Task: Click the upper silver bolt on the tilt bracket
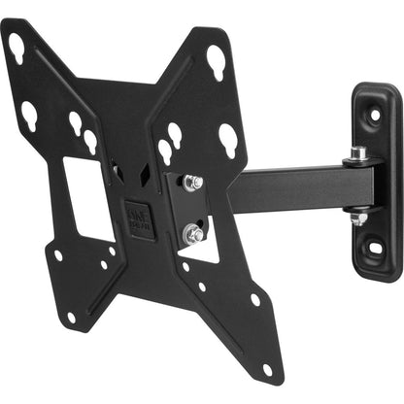(192, 182)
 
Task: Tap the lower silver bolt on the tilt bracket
(194, 233)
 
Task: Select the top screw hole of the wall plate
(375, 114)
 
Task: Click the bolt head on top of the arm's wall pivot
(358, 152)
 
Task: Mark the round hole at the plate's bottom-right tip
(266, 367)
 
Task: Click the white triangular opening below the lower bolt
(204, 249)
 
